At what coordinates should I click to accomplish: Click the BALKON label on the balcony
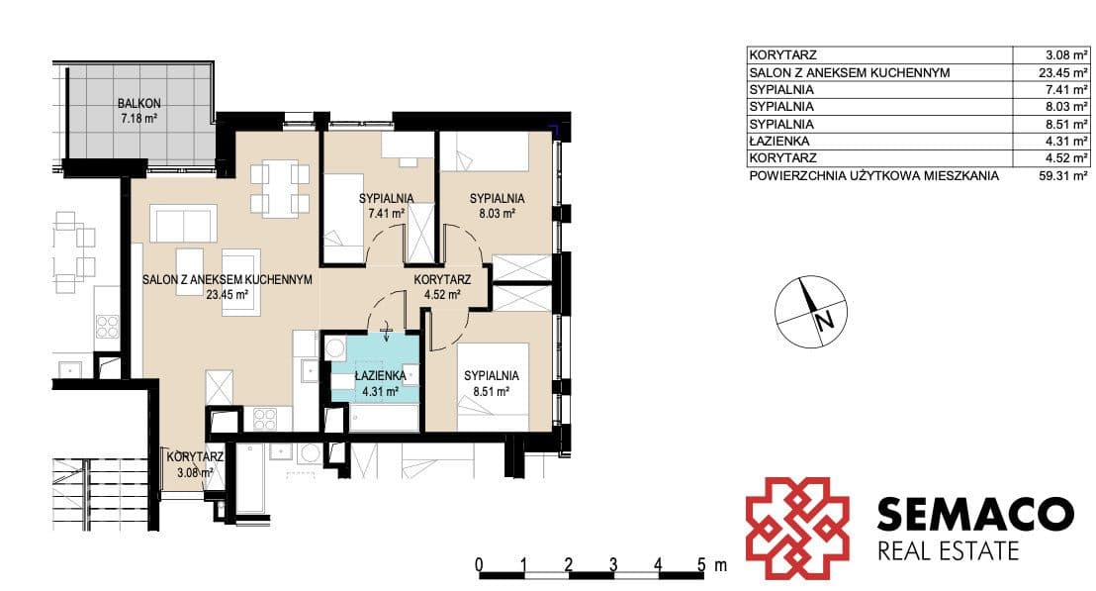pyautogui.click(x=139, y=104)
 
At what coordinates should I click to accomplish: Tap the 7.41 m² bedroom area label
pyautogui.click(x=387, y=213)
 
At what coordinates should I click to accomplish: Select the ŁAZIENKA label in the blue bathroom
pyautogui.click(x=380, y=376)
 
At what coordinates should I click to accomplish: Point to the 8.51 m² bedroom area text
pyautogui.click(x=491, y=392)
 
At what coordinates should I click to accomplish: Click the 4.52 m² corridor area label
pyautogui.click(x=442, y=295)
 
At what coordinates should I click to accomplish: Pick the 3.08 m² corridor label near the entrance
pyautogui.click(x=195, y=473)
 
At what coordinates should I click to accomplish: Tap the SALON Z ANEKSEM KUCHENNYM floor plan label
pyautogui.click(x=228, y=280)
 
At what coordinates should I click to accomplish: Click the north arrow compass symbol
pyautogui.click(x=811, y=312)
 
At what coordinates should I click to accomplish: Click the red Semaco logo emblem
pyautogui.click(x=797, y=528)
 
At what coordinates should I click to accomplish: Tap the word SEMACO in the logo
pyautogui.click(x=975, y=514)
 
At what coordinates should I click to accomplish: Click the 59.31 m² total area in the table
pyautogui.click(x=1063, y=176)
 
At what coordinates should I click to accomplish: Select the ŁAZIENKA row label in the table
pyautogui.click(x=778, y=142)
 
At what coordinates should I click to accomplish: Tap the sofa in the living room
pyautogui.click(x=183, y=224)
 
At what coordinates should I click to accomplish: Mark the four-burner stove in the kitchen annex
pyautogui.click(x=264, y=418)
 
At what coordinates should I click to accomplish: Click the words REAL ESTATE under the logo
pyautogui.click(x=948, y=551)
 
